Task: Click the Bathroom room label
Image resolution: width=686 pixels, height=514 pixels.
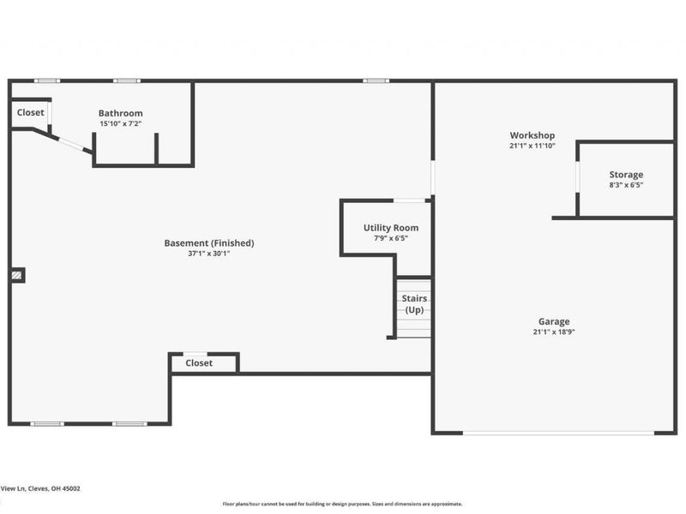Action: point(120,113)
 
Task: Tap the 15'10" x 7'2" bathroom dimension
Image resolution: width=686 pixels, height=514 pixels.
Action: point(120,123)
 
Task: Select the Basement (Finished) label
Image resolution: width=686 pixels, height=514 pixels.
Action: point(209,243)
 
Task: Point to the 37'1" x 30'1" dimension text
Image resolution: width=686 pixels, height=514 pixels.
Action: point(209,254)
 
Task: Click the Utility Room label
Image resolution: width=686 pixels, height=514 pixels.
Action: point(391,228)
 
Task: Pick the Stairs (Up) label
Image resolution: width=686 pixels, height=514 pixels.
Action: point(414,304)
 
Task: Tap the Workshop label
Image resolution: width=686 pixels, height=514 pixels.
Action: point(532,135)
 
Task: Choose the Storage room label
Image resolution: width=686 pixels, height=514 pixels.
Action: point(626,175)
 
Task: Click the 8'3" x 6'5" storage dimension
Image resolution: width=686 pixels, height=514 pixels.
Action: point(626,185)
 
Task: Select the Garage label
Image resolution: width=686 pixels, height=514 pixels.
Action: point(554,322)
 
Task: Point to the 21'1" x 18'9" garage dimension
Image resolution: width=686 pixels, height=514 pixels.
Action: point(554,332)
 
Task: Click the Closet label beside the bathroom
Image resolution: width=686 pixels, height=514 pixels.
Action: point(30,112)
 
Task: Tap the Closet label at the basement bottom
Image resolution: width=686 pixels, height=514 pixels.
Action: point(199,362)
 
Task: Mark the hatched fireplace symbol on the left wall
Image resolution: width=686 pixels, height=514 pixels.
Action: point(16,275)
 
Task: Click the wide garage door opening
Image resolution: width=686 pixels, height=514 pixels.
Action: point(558,433)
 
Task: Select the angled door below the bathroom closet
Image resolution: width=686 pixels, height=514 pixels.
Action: point(71,144)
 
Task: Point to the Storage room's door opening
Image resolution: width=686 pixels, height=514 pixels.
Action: point(577,177)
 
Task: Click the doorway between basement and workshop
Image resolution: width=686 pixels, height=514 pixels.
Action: point(433,177)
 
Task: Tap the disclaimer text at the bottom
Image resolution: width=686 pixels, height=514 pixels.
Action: point(342,504)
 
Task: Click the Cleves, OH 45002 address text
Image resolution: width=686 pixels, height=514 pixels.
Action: point(54,488)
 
